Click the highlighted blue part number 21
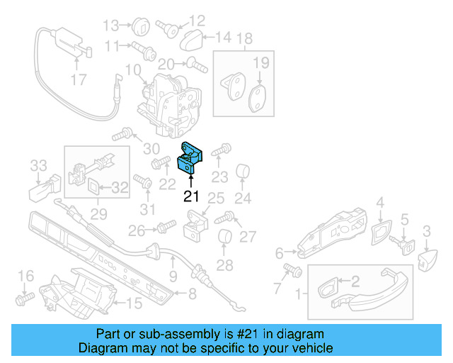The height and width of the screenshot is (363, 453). click(189, 158)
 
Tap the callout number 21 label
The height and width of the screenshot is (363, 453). click(192, 196)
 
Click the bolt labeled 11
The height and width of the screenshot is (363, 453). click(140, 47)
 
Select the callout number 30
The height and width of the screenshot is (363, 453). click(151, 149)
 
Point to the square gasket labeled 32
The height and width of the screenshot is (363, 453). click(94, 187)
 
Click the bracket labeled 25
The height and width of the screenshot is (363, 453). click(193, 228)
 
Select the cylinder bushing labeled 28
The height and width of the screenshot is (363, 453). click(225, 240)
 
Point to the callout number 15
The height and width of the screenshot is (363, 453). click(134, 304)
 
